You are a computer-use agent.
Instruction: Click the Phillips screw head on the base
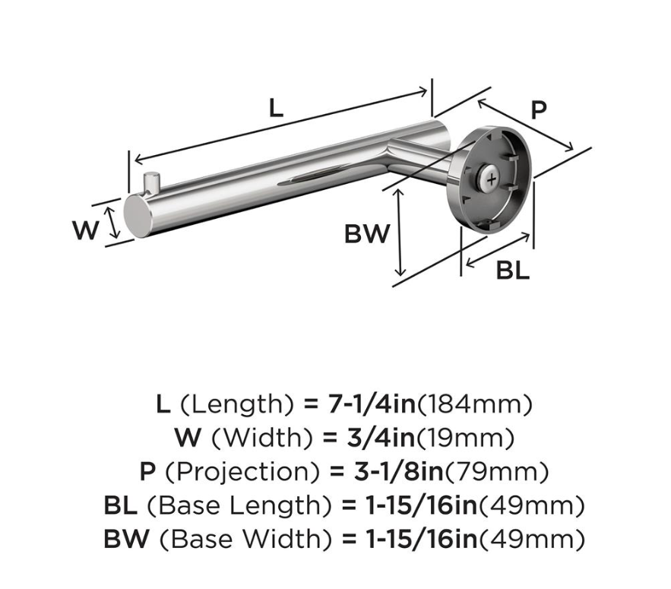491,179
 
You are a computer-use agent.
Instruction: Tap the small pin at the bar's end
151,182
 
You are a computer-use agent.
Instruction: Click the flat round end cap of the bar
139,216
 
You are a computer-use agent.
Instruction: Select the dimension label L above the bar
276,107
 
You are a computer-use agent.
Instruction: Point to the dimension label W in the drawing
86,230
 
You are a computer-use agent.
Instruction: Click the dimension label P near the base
539,109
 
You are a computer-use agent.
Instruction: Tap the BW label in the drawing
368,234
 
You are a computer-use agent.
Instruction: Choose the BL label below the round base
513,271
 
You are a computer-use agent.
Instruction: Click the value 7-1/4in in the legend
372,404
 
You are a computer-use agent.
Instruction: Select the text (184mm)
475,404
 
